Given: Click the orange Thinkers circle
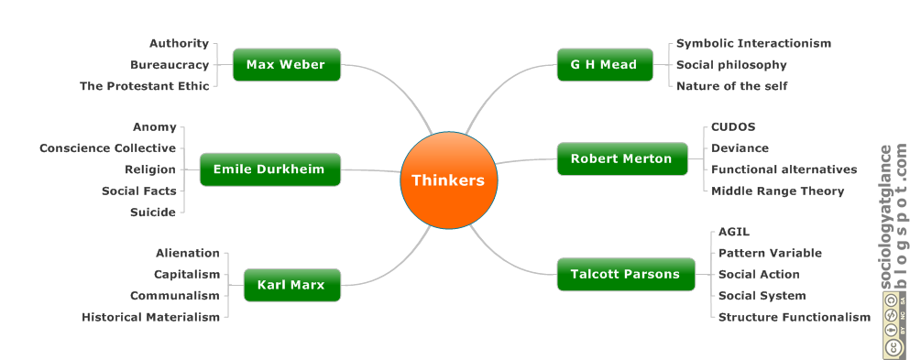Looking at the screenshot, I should pos(447,180).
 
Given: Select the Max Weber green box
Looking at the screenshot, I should pos(286,65).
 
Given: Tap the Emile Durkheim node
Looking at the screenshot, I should pos(269,169).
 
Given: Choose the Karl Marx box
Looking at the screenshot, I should pos(291,285).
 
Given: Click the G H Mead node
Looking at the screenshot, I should pos(603,65).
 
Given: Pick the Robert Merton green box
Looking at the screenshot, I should pos(621,158).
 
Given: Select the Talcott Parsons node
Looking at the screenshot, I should pos(625,274).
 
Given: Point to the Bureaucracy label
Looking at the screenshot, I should pos(169,65).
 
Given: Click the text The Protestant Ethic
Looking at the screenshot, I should pos(144,86).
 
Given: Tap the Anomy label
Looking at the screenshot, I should pos(154,127).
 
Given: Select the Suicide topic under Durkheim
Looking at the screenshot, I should pos(152,212).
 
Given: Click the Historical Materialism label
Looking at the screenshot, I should pos(150,317).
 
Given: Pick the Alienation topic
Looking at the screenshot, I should pos(187,253).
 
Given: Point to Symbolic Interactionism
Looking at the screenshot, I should pos(753,43).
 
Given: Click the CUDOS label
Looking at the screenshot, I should pos(733,127).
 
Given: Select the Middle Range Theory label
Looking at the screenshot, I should pos(777,191).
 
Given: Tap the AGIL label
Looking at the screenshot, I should pos(733,232).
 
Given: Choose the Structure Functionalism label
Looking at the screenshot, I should pos(794,317).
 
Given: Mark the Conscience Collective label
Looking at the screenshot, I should pos(107,148).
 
